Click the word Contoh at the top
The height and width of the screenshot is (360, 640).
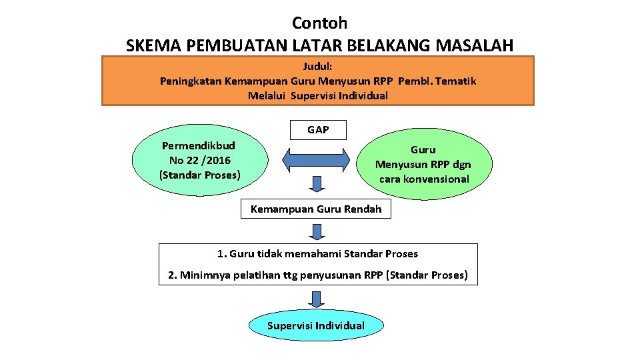point(319,23)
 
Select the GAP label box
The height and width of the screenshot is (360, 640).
point(318,130)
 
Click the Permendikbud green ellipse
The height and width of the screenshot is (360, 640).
point(200,160)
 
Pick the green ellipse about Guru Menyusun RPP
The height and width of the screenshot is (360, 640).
point(424,165)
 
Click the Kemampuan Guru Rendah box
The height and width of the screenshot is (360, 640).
point(316,209)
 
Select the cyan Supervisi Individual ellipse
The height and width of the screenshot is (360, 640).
point(316,326)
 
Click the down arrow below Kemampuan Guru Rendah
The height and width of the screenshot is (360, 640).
point(317,231)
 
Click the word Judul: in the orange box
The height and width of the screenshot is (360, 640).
point(318,67)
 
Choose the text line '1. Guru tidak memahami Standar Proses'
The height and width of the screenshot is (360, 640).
point(318,254)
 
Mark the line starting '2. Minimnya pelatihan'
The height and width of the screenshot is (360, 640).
point(318,275)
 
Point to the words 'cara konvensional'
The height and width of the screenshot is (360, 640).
point(424,179)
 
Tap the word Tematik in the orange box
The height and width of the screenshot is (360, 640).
point(457,81)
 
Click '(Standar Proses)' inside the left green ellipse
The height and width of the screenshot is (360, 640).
point(199,175)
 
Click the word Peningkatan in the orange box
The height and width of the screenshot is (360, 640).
point(191,81)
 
